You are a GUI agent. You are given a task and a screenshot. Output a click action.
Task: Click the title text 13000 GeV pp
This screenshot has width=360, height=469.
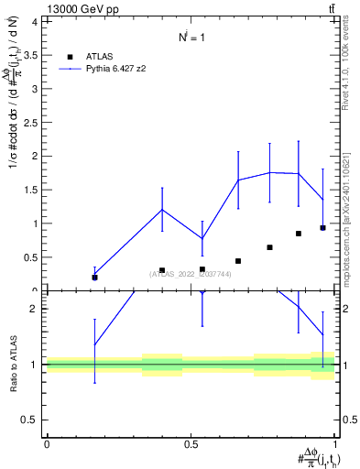pos(81,9)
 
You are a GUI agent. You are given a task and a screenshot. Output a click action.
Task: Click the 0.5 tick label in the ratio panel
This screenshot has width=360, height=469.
pos(29,420)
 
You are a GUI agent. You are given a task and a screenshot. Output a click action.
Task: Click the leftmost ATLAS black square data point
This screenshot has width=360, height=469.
pos(94,278)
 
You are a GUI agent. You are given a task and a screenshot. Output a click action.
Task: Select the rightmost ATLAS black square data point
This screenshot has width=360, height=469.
pos(322,228)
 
